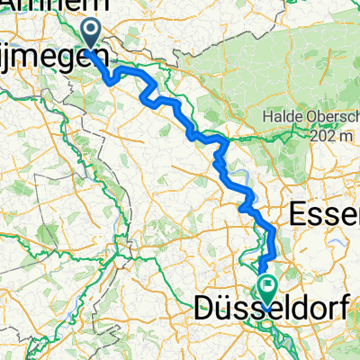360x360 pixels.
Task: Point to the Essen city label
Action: pyautogui.click(x=324, y=215)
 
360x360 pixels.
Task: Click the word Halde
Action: pyautogui.click(x=281, y=117)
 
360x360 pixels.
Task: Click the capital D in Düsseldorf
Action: pyautogui.click(x=205, y=309)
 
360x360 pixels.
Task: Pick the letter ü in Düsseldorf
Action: pyautogui.click(x=227, y=309)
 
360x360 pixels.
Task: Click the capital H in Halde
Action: pyautogui.click(x=266, y=117)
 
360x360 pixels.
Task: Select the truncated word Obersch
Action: pyautogui.click(x=328, y=117)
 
